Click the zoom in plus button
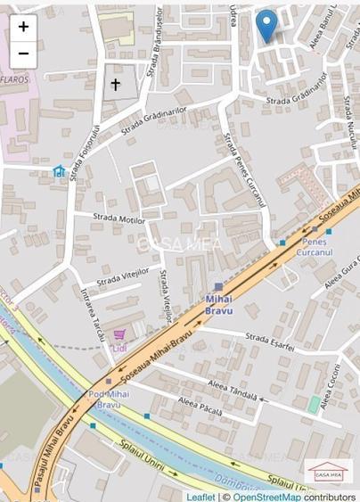[23, 27]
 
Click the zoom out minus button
[23, 53]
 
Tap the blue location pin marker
[266, 24]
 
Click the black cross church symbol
[115, 85]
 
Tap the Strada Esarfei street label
[269, 339]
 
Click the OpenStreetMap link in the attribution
[266, 496]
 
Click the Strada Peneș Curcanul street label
[245, 169]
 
